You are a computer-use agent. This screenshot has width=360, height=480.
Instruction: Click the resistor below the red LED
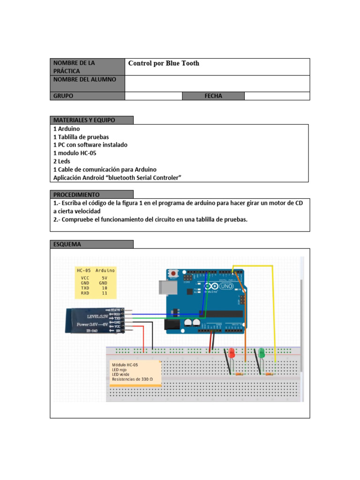pyautogui.click(x=239, y=374)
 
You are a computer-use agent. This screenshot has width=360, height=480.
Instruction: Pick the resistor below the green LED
pyautogui.click(x=269, y=374)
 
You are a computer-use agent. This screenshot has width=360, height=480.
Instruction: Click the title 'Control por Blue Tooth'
pyautogui.click(x=164, y=63)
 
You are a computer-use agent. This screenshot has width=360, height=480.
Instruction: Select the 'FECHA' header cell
pyautogui.click(x=213, y=96)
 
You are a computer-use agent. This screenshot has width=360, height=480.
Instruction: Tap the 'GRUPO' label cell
pyautogui.click(x=87, y=96)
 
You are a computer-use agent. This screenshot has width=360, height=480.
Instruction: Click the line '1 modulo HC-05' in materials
pyautogui.click(x=75, y=153)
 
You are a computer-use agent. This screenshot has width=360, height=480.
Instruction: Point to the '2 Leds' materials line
pyautogui.click(x=62, y=161)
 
